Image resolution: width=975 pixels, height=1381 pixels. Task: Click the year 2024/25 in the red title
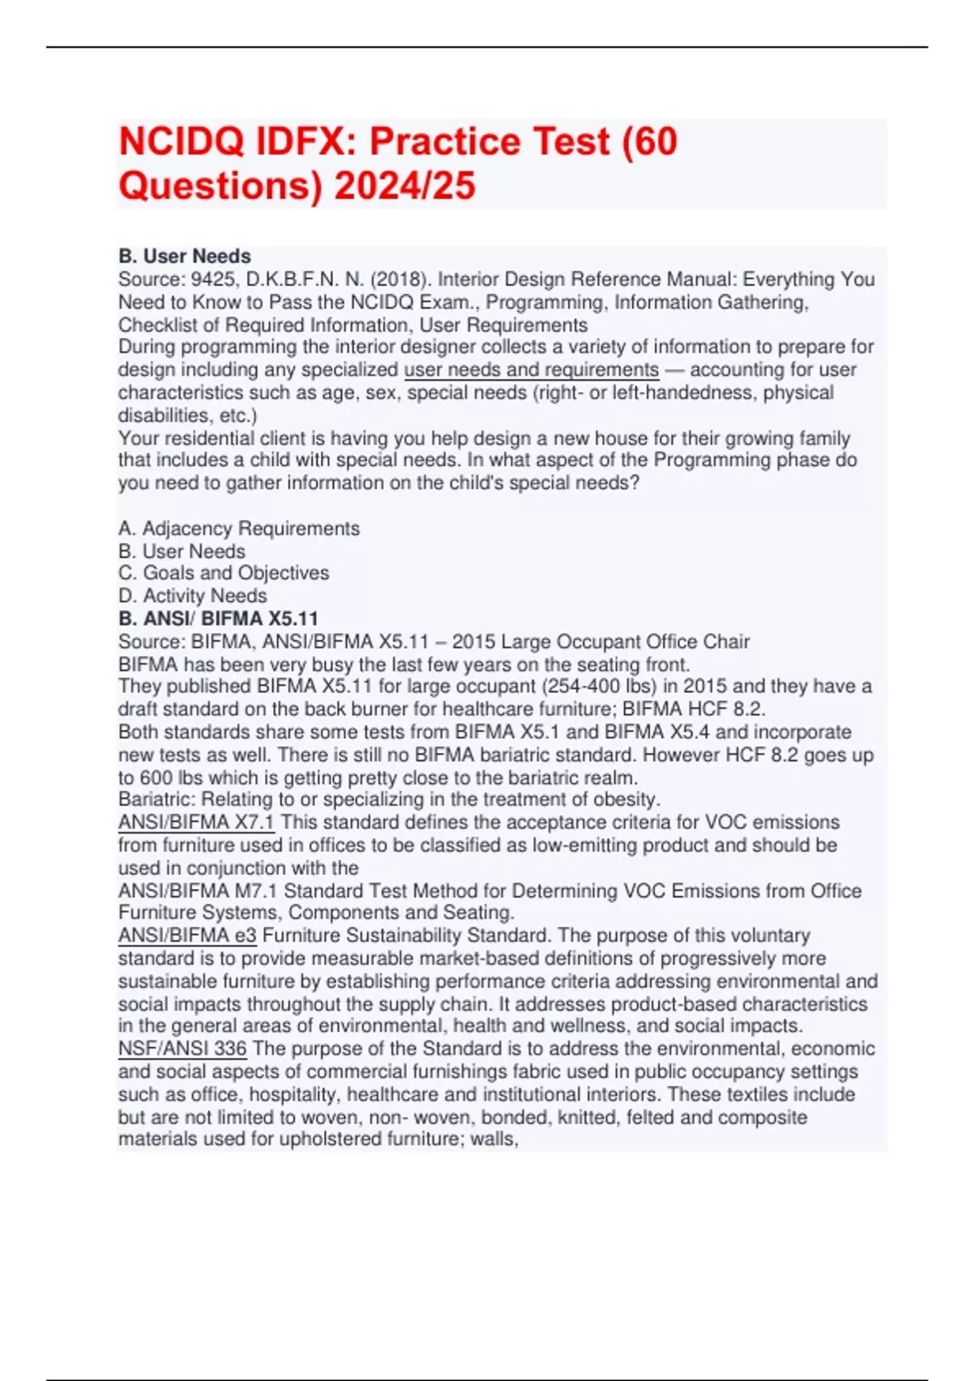(404, 185)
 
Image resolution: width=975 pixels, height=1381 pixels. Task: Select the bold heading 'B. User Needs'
(184, 256)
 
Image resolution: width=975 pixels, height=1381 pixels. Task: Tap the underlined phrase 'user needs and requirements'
(531, 370)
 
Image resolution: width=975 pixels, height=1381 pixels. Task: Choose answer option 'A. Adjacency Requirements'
(239, 528)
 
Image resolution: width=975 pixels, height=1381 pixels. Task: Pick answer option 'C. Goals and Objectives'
(223, 573)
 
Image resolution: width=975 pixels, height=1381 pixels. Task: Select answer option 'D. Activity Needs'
(193, 595)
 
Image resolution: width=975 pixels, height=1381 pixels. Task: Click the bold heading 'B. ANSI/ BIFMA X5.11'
(219, 618)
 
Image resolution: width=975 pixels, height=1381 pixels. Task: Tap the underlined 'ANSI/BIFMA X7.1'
(196, 822)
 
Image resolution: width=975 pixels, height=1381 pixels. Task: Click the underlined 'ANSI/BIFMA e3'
(187, 936)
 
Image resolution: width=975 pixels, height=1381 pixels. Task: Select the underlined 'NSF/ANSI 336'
(182, 1049)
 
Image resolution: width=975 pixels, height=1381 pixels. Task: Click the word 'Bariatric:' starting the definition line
(157, 799)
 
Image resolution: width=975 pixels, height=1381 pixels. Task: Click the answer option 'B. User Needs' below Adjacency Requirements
(182, 551)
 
